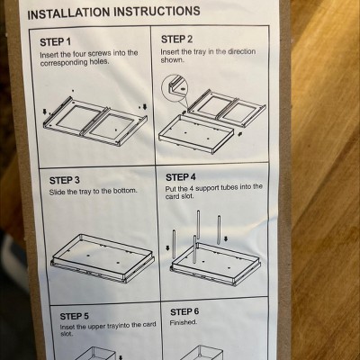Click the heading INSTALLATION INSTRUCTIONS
click(x=113, y=13)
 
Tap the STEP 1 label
click(x=56, y=42)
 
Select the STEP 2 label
click(x=176, y=40)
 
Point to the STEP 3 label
click(x=65, y=180)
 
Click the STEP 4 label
click(x=181, y=177)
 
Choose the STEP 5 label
click(x=74, y=316)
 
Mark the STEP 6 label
click(x=184, y=311)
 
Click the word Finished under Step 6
click(x=184, y=322)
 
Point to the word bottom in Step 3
click(x=125, y=191)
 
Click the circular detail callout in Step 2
click(x=175, y=87)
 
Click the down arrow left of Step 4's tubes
click(x=167, y=248)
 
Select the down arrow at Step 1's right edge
click(x=145, y=107)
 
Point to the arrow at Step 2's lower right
click(x=239, y=134)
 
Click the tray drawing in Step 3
click(x=103, y=258)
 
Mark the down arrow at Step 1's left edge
click(x=45, y=112)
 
